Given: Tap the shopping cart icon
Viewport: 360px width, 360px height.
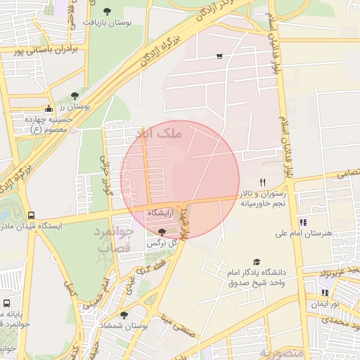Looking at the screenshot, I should tap(220, 56).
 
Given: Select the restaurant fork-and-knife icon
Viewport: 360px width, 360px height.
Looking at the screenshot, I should tap(262, 181).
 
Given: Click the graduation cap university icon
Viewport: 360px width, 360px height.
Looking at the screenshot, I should tap(256, 261).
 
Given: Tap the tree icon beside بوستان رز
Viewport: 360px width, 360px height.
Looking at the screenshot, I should tap(75, 94).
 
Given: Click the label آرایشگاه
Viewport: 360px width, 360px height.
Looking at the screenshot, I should tap(161, 212).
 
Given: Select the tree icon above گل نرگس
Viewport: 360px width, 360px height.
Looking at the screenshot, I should tap(162, 231).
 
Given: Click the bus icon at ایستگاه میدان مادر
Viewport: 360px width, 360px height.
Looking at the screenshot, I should tap(30, 215).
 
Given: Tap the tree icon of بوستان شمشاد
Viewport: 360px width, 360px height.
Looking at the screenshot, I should tap(124, 315).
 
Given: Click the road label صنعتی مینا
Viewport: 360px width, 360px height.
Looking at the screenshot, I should tap(181, 326).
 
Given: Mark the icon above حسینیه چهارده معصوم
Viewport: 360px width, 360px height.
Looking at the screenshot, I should tap(48, 108).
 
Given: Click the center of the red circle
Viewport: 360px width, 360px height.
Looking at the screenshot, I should tap(180, 180).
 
